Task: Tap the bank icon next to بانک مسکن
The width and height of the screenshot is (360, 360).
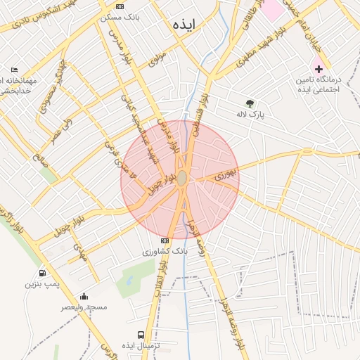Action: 120,6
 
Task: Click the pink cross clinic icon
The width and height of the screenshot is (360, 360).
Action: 319,69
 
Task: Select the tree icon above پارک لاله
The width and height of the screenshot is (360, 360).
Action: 249,103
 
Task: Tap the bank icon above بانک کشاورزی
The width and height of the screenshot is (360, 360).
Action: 165,240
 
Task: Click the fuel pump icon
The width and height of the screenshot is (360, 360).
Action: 42,273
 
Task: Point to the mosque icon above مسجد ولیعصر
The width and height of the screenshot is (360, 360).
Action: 84,297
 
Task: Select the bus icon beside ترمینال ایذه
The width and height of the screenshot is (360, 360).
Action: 141,335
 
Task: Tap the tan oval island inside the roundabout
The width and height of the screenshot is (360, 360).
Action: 181,179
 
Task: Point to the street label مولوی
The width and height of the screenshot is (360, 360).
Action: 157,58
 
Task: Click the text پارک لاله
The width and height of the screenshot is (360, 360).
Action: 251,115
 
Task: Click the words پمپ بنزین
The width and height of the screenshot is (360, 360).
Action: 39,284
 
